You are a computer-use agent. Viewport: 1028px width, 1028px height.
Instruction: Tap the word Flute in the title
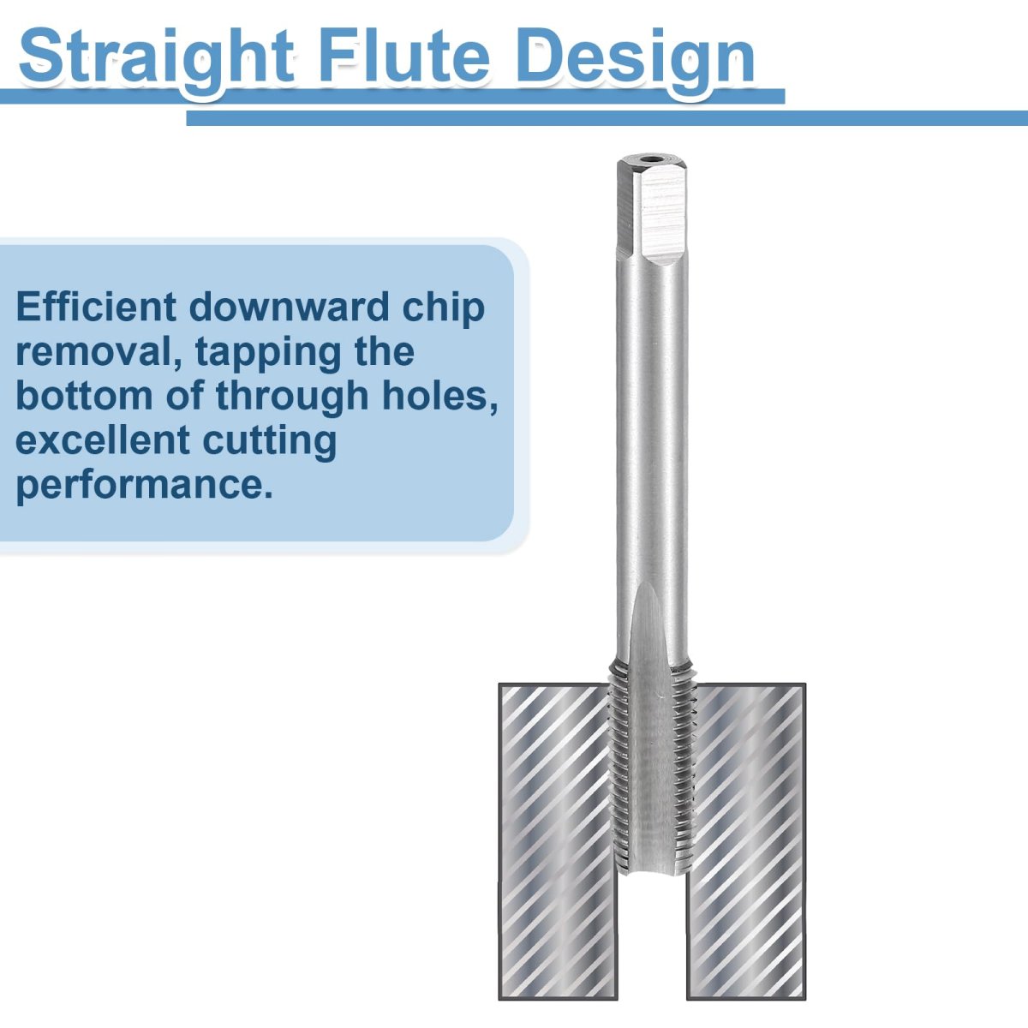[403, 56]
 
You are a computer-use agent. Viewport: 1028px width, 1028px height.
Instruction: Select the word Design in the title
[636, 60]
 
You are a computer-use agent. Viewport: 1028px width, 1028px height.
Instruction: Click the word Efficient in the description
[96, 307]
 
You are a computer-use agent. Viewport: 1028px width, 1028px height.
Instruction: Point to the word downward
[290, 307]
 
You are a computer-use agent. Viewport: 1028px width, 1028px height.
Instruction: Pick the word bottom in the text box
[84, 397]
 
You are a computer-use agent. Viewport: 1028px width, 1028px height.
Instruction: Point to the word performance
[144, 486]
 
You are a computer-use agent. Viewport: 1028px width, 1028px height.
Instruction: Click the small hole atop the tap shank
[651, 158]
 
